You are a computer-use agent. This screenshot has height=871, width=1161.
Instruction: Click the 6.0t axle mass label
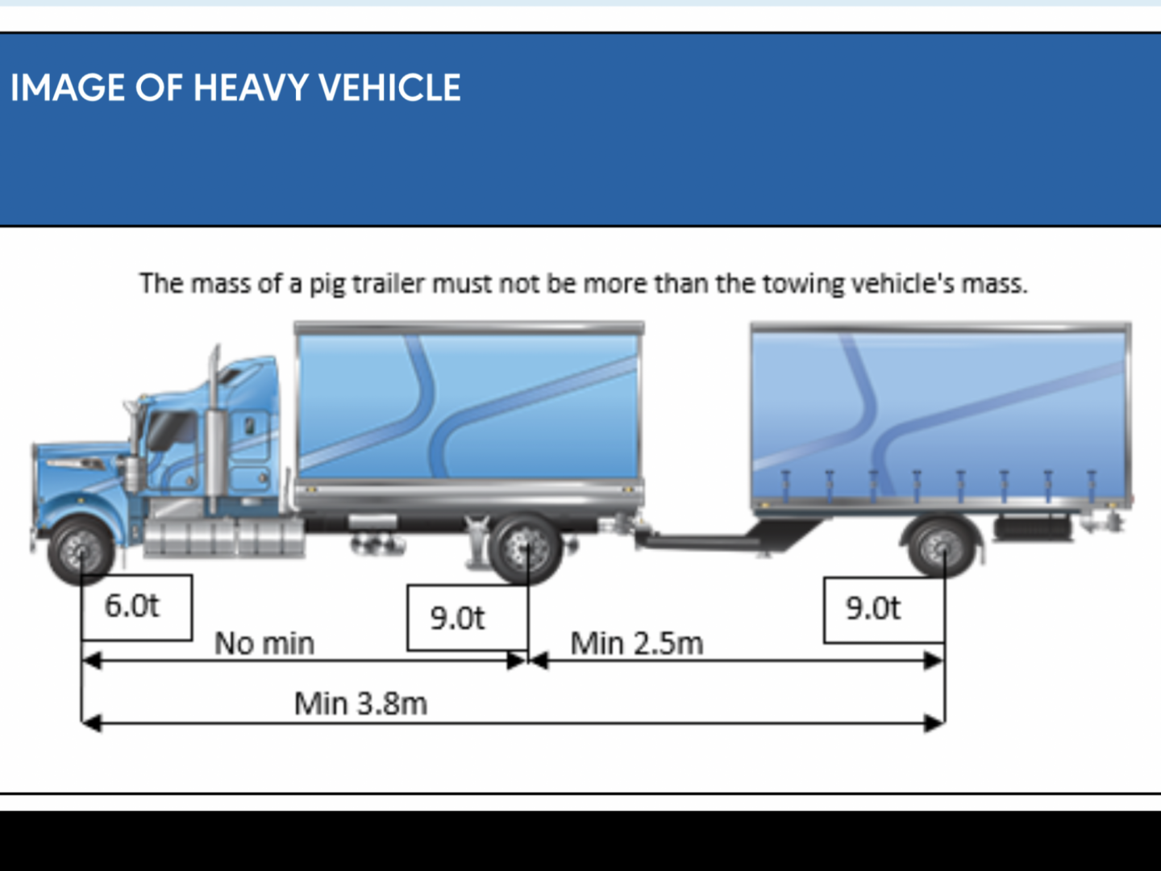(x=131, y=606)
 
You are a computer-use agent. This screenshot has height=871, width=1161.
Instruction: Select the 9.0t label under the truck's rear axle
(x=457, y=618)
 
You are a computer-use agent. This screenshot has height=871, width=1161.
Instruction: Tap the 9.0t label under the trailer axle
(x=873, y=608)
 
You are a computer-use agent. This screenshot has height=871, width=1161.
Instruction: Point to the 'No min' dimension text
(x=264, y=644)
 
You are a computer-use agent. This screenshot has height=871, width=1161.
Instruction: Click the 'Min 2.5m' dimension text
(x=637, y=644)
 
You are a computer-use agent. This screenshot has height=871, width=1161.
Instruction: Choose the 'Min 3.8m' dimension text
(x=360, y=704)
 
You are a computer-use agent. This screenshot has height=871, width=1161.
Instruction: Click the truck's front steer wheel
(x=81, y=551)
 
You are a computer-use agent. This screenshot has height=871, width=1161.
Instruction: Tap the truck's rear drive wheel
(x=525, y=549)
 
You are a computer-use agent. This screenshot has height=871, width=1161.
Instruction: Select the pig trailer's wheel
(x=942, y=547)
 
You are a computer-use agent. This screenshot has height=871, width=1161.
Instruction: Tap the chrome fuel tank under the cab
(x=224, y=537)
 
